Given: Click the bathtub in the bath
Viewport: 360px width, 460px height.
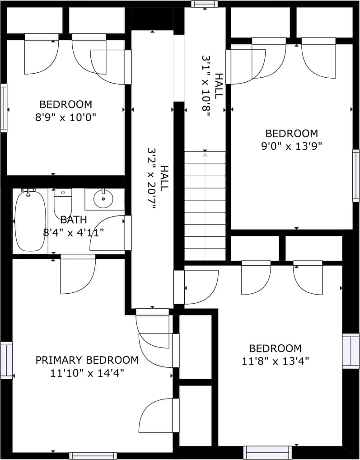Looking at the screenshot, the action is coord(30,221).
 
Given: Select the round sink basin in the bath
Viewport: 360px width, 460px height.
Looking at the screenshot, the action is coord(103,199).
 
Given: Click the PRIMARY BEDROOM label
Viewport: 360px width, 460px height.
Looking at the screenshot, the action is coord(87,360).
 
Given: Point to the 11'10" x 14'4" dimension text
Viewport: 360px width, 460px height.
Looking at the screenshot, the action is coord(87,373).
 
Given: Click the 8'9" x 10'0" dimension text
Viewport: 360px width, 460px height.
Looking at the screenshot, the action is coord(65,117).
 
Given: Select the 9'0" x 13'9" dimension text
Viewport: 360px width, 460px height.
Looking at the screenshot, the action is coord(292,146).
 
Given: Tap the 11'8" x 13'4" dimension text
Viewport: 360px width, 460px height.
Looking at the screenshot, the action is coord(276,361).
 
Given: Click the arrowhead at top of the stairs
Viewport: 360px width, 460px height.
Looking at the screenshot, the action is coord(205,154).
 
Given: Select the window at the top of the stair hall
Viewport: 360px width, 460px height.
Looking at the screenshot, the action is coord(205,4).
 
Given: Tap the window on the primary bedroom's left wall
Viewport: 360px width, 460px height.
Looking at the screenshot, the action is coord(6,360).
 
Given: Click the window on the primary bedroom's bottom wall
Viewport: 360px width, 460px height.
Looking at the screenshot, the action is coord(93,456).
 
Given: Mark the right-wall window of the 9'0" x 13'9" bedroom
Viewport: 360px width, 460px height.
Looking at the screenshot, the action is coord(355,176).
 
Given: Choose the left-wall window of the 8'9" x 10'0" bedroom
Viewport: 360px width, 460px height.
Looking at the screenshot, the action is coord(4,108).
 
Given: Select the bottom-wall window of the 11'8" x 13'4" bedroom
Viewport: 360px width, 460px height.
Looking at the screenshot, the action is coord(268,452).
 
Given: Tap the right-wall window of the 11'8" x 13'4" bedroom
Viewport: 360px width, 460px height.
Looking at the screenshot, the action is coord(351,351).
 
